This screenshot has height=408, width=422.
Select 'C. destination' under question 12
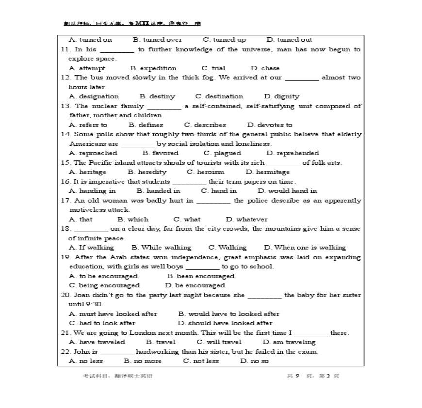(219, 96)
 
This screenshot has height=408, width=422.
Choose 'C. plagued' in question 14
(224, 153)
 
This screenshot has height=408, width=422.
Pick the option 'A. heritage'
(88, 172)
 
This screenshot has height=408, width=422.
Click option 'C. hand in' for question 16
(219, 191)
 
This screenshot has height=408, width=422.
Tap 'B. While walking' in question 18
(162, 248)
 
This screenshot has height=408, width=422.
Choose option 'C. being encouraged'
(104, 285)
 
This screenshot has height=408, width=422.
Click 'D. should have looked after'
(225, 323)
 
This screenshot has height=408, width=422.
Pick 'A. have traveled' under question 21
(97, 342)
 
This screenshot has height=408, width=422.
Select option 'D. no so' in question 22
(254, 361)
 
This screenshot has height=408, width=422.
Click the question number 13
(65, 106)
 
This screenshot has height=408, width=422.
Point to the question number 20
(65, 295)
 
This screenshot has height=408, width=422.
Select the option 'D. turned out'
(289, 40)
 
